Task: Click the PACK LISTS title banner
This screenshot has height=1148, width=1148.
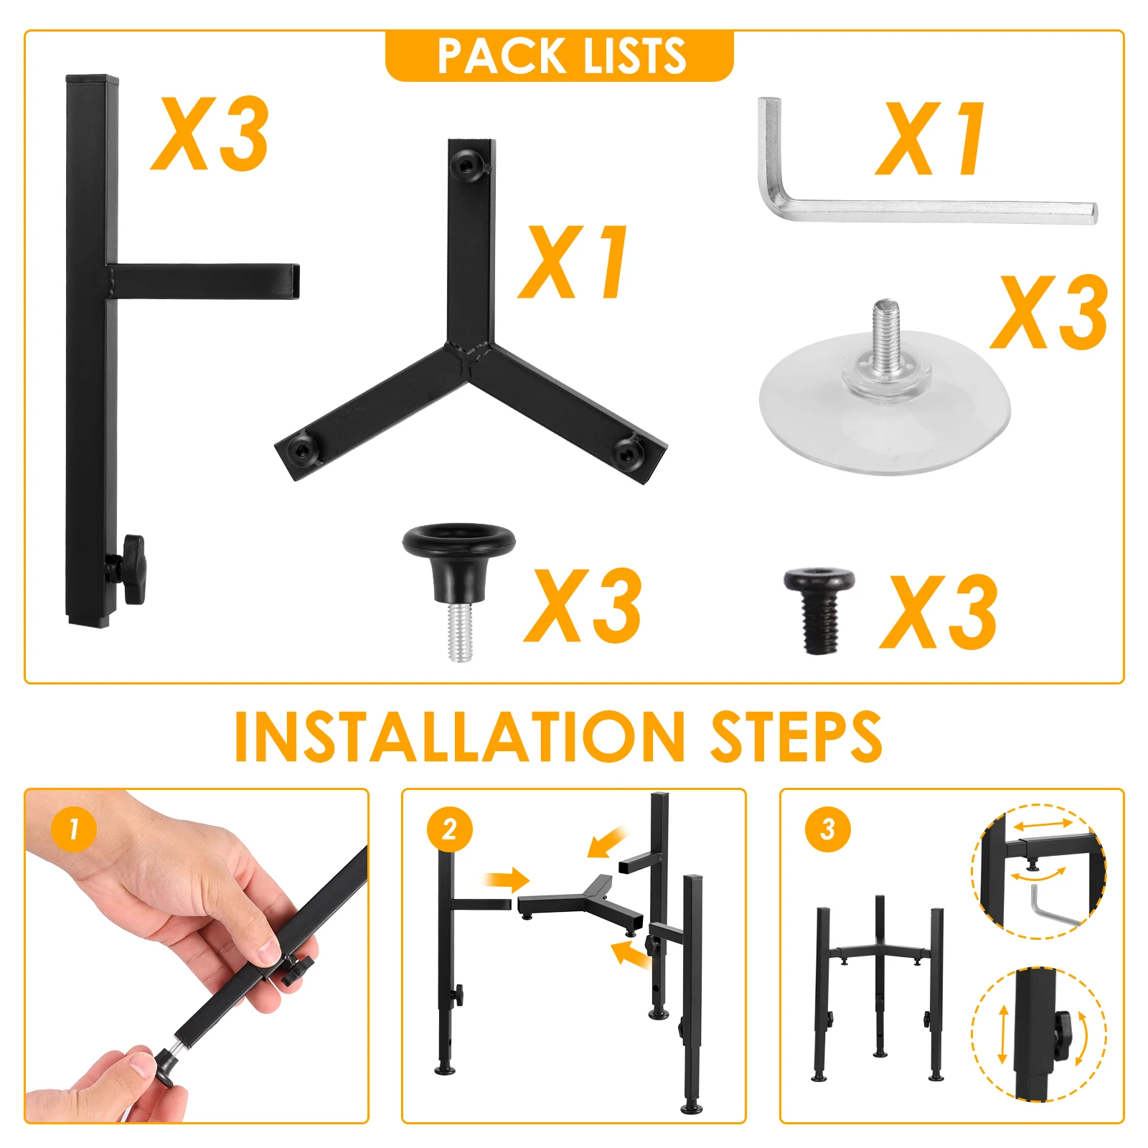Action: (x=560, y=56)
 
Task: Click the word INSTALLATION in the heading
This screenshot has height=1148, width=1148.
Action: (x=459, y=737)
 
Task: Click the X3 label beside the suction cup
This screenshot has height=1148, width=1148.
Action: (x=1049, y=314)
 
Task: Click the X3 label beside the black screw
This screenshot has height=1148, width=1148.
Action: (x=938, y=612)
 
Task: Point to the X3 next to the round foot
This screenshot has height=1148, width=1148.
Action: (x=583, y=606)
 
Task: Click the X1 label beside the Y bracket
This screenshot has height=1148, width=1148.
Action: (x=574, y=263)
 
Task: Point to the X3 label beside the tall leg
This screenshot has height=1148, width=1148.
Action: (x=210, y=134)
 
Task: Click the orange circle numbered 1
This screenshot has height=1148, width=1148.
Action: (x=74, y=829)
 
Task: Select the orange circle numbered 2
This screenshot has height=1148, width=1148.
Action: (x=450, y=829)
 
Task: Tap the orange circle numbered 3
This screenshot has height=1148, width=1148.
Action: (x=827, y=829)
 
